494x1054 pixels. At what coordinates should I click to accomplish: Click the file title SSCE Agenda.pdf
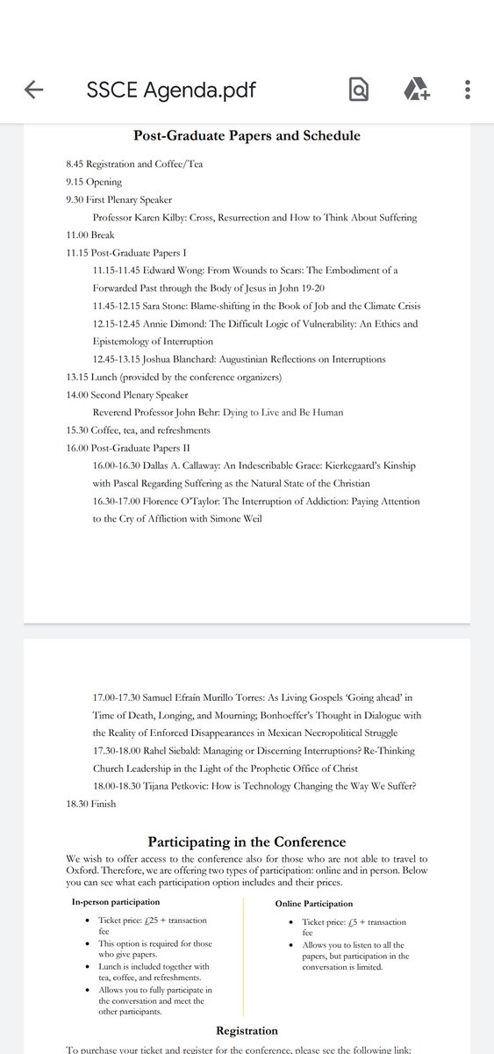coord(173,89)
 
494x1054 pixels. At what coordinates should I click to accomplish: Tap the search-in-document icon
coord(359,89)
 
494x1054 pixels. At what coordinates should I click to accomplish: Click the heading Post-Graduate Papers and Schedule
coord(247,135)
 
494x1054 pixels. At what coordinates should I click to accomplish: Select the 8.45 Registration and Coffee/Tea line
coord(134,165)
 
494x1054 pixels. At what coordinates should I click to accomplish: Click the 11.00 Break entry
coord(90,235)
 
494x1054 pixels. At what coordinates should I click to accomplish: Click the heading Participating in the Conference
coord(247,841)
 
